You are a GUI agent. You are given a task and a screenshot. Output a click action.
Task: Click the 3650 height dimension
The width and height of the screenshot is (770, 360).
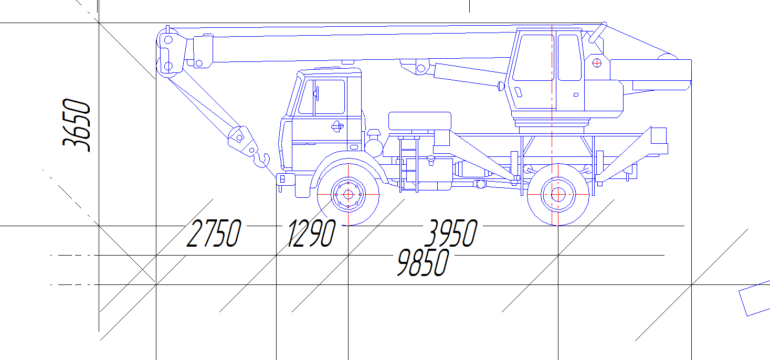click(x=76, y=125)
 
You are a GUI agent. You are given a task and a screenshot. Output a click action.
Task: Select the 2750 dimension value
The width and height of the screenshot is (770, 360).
click(x=214, y=234)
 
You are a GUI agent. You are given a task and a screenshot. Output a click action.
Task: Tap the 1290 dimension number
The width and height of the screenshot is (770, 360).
click(x=311, y=234)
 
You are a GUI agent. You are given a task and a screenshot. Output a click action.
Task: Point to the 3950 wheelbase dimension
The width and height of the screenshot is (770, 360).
click(x=451, y=234)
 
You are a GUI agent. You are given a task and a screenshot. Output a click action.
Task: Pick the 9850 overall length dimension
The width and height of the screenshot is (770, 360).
click(x=423, y=263)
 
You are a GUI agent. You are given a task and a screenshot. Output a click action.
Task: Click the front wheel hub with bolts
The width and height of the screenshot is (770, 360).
click(x=348, y=195)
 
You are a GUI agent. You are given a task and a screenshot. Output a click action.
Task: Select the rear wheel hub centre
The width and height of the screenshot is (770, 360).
click(x=558, y=195)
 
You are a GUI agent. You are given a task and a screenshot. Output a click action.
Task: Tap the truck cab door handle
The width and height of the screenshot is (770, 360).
click(x=337, y=127)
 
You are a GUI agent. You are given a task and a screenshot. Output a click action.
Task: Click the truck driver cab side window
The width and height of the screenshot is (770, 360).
click(x=322, y=97)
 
